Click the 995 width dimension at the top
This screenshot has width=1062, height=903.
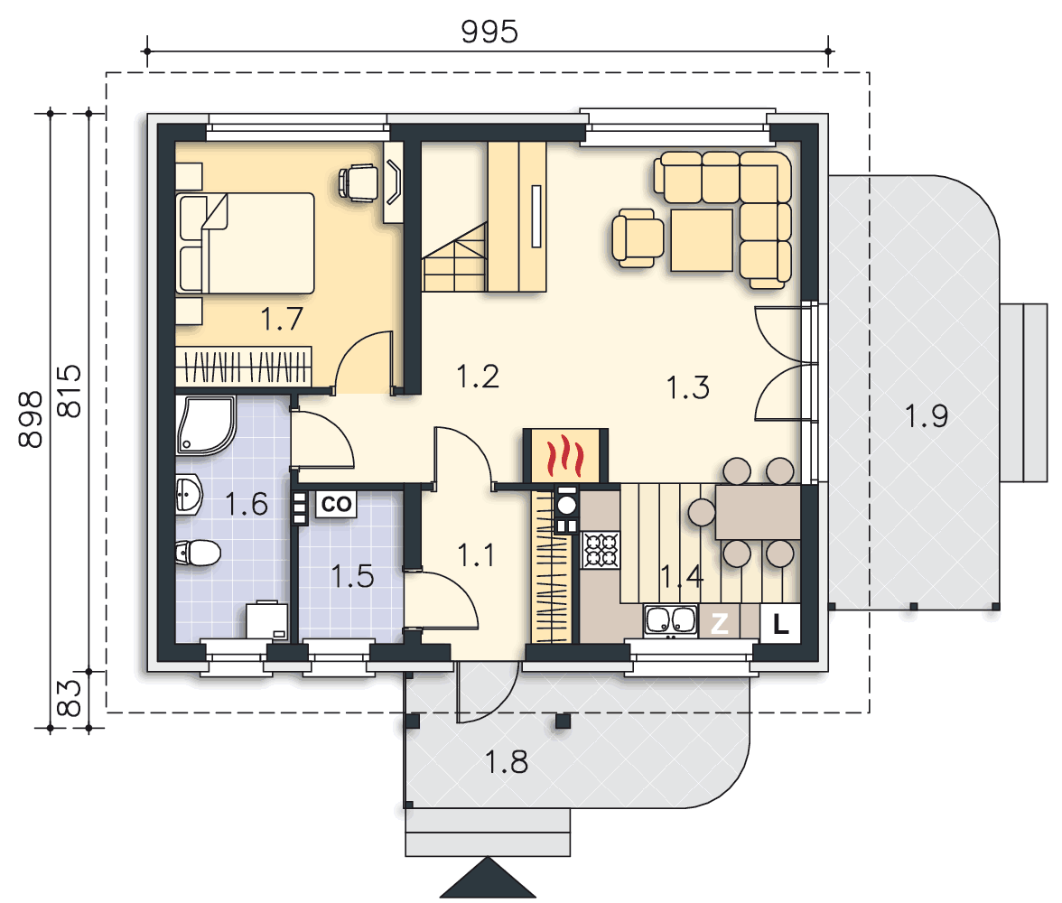point(489,32)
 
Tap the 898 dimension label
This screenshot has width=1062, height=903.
point(30,419)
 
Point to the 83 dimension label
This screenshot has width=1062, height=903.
point(69,698)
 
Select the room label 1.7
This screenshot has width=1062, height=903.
point(282,319)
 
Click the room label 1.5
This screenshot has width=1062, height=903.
point(352,576)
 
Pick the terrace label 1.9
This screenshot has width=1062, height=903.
point(926,415)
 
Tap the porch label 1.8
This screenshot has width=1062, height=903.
point(506,762)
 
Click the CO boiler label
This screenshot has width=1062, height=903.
point(336,504)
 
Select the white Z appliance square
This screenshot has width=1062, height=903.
point(719,622)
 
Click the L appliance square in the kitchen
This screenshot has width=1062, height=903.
point(780,622)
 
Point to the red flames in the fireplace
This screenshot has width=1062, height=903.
point(565,456)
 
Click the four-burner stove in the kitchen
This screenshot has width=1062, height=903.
point(601,549)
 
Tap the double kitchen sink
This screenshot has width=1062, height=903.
point(670,620)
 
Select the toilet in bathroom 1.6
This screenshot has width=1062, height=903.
point(199,553)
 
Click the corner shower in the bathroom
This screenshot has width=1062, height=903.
point(205,424)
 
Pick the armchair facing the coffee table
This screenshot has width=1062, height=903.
point(637,237)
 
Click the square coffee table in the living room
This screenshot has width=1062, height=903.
point(702,240)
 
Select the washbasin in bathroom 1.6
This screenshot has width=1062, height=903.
point(189,495)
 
